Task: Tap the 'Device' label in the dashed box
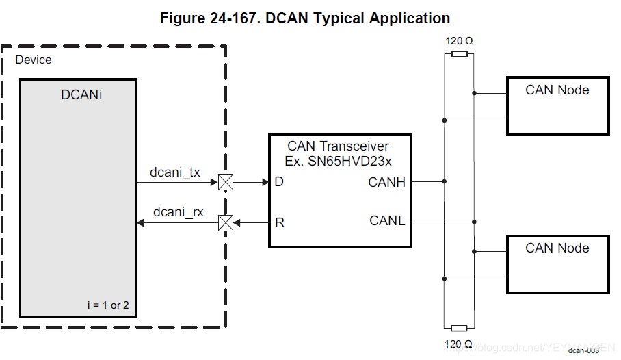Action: (x=34, y=60)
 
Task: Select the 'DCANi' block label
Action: (x=81, y=96)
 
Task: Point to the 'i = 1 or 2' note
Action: (x=108, y=305)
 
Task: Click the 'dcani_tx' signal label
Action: (x=175, y=172)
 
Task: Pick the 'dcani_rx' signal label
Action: (x=178, y=212)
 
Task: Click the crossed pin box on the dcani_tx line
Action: (x=225, y=182)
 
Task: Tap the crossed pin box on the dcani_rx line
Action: (x=225, y=222)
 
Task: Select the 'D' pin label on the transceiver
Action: (x=279, y=182)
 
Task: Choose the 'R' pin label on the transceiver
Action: (x=279, y=222)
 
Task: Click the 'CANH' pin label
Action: (x=386, y=182)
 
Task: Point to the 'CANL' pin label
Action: (x=387, y=221)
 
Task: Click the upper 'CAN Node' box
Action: (x=557, y=105)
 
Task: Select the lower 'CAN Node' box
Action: (x=557, y=263)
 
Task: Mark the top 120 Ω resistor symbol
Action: (x=460, y=53)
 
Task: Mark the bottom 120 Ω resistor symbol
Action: (x=460, y=329)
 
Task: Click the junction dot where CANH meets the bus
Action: (x=445, y=182)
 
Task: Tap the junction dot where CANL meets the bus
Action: (x=474, y=222)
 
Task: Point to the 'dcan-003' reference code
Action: (x=583, y=350)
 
